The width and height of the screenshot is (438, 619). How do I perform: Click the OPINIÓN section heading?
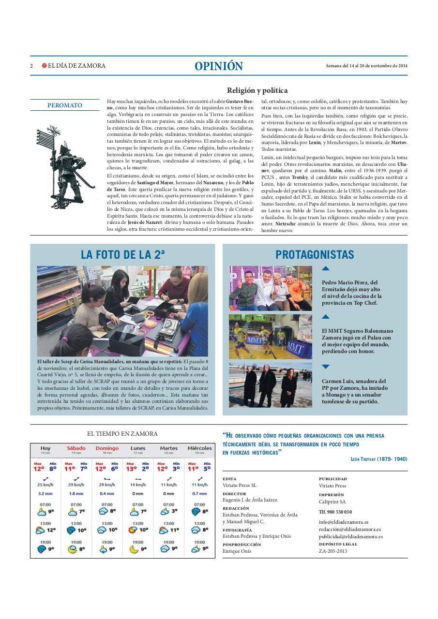(219, 66)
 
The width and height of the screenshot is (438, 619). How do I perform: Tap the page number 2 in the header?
(31, 66)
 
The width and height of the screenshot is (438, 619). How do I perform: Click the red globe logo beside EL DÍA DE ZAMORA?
(44, 66)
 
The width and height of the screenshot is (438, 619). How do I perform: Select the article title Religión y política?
(257, 90)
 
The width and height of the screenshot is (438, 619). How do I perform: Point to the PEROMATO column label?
(65, 105)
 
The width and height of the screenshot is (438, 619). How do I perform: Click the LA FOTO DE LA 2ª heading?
(122, 255)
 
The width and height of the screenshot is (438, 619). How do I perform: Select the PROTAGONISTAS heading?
(315, 255)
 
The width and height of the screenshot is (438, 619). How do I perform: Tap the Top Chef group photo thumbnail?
(270, 288)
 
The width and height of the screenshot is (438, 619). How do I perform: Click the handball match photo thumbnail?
(270, 337)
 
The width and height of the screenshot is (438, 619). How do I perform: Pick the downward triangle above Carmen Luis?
(326, 367)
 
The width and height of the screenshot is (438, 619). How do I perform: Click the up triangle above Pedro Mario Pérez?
(326, 268)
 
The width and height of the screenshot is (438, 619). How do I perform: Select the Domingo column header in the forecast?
(107, 448)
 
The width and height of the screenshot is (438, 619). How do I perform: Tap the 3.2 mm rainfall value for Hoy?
(45, 494)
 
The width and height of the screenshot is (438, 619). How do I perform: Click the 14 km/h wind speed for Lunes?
(137, 485)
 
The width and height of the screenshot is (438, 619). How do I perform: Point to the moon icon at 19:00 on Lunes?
(134, 549)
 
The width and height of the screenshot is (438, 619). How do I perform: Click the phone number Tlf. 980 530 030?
(335, 512)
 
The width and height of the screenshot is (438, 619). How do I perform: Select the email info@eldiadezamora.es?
(344, 522)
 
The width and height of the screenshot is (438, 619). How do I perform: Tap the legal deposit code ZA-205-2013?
(333, 551)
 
